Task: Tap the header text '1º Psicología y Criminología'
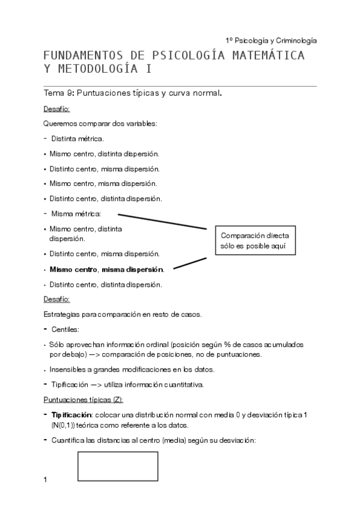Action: tap(271, 40)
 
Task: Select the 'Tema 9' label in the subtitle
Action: tap(58, 93)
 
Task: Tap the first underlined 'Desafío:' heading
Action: tap(57, 109)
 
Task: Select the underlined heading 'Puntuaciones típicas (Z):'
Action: tap(84, 399)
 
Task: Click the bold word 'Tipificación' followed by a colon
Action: tap(70, 416)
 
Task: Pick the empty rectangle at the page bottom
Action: tap(118, 466)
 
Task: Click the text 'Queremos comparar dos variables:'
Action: tap(100, 124)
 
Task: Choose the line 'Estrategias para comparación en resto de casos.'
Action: tap(123, 314)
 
